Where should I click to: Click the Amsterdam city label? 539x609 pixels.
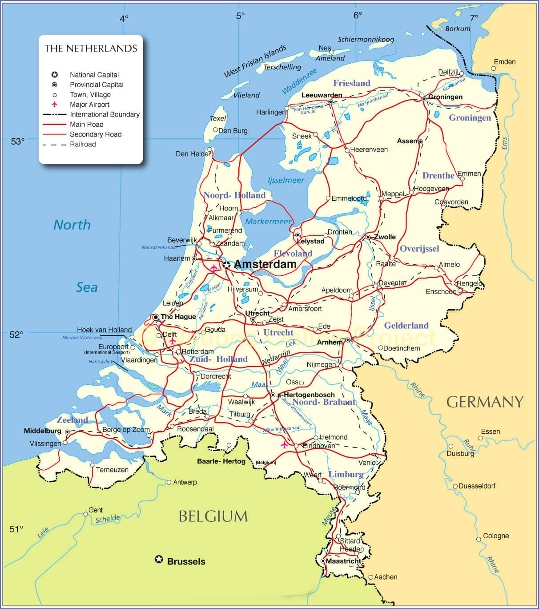(x=265, y=264)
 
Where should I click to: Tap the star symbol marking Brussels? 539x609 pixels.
(x=159, y=559)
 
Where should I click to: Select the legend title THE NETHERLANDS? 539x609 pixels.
(x=91, y=48)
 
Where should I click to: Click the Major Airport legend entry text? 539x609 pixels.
(x=89, y=105)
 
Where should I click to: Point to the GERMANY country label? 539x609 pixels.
(x=485, y=402)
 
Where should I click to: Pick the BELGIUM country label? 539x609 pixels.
(x=213, y=516)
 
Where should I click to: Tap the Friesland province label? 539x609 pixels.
(x=351, y=83)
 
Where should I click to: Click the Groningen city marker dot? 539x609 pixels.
(x=424, y=98)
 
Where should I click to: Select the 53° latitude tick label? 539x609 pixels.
(x=18, y=141)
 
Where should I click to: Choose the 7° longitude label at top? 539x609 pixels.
(x=474, y=17)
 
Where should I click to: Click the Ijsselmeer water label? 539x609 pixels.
(x=286, y=180)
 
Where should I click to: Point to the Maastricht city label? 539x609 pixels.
(x=343, y=561)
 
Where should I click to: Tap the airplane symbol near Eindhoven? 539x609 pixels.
(x=285, y=444)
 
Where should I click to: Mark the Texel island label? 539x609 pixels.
(x=218, y=118)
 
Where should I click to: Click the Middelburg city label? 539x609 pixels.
(x=43, y=431)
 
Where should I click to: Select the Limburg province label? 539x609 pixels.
(x=346, y=474)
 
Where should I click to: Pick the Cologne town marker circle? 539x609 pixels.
(x=479, y=539)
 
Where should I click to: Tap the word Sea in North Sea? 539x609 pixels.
(x=87, y=287)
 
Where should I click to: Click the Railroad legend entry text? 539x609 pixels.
(x=83, y=144)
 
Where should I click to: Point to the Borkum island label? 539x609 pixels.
(x=458, y=29)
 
